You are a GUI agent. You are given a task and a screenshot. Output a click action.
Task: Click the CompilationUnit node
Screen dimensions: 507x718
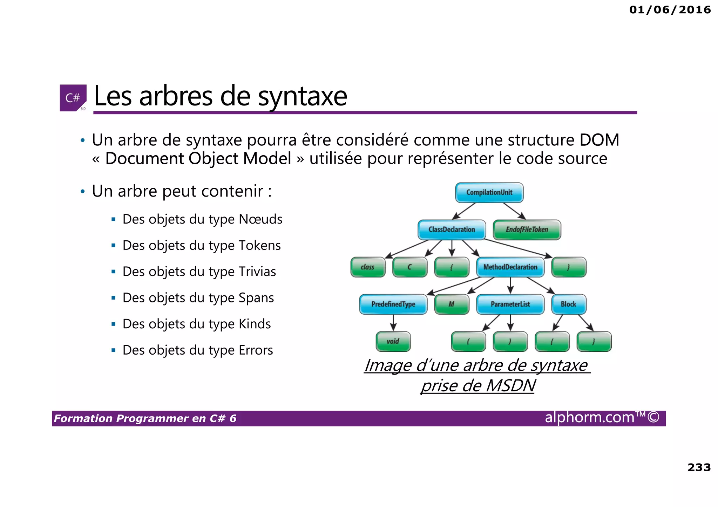coord(489,192)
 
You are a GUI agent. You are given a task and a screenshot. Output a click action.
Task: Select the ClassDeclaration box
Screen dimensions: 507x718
coord(452,229)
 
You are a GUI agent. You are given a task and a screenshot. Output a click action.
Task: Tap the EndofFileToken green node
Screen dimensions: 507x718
coord(527,229)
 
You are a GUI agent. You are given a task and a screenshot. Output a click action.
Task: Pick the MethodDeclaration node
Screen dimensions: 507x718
coord(510,267)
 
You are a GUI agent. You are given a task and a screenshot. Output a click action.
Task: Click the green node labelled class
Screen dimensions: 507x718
coord(368,267)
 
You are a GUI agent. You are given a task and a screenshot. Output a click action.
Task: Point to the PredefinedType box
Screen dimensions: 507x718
coord(393,304)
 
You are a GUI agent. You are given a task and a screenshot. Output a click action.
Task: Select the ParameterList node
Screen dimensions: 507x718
coord(510,304)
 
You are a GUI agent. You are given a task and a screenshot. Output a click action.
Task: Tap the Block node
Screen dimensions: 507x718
coord(568,304)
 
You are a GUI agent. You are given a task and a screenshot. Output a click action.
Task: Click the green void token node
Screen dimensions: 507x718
coord(393,341)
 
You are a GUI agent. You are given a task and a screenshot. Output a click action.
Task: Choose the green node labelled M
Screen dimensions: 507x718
coord(452,304)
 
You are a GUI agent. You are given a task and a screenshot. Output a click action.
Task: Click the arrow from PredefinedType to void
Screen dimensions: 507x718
coord(393,323)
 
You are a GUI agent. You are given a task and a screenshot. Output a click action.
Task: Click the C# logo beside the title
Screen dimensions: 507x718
coord(73,98)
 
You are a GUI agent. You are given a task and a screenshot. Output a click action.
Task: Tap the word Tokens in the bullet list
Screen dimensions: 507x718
coord(259,246)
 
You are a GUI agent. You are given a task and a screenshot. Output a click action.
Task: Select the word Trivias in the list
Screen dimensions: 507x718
coord(257,272)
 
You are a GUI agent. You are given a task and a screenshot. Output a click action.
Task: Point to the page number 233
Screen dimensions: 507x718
coord(699,467)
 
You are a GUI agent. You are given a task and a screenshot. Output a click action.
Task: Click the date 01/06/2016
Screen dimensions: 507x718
coord(670,9)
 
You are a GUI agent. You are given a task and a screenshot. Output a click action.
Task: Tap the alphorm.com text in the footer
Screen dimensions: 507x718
coord(590,417)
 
